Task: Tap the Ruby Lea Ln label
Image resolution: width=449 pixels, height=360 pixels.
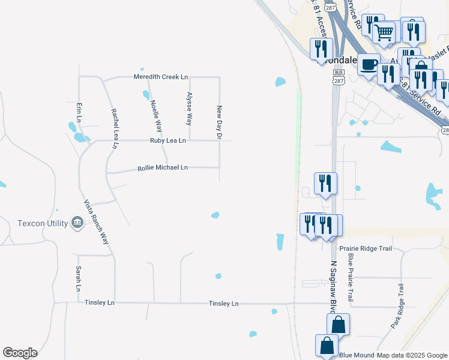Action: [167, 140]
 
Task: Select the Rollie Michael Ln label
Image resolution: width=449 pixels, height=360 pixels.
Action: [163, 168]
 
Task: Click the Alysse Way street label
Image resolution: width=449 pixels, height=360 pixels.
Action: [189, 108]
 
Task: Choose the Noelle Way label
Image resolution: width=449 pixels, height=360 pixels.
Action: [157, 115]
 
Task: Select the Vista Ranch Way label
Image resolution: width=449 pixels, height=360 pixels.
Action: [97, 221]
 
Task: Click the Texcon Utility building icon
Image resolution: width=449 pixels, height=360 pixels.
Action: [77, 223]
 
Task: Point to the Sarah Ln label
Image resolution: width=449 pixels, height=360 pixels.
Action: [78, 279]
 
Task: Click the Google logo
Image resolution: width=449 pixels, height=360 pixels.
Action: [20, 353]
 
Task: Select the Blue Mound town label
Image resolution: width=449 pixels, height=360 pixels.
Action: [357, 355]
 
